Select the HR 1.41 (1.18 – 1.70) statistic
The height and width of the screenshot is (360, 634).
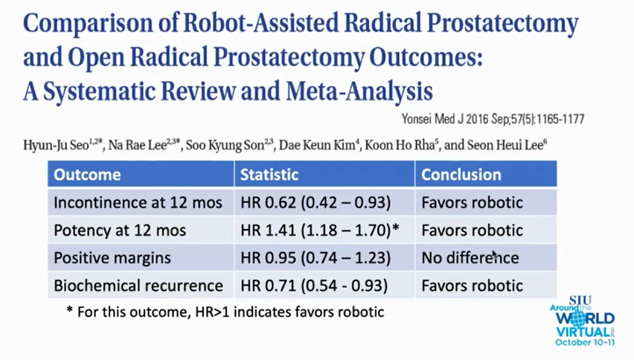(x=320, y=230)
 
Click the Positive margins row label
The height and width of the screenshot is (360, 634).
(x=112, y=258)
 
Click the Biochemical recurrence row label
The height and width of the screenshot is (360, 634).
(x=138, y=286)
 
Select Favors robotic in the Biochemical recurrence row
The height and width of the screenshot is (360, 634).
(x=473, y=286)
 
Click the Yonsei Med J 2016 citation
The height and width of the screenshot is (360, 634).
(x=493, y=119)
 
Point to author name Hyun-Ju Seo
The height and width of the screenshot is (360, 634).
(x=63, y=145)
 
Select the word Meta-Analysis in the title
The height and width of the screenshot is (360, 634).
(x=359, y=91)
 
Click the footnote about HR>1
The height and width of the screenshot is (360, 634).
(x=225, y=312)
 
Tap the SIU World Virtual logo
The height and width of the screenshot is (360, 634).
(x=582, y=321)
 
